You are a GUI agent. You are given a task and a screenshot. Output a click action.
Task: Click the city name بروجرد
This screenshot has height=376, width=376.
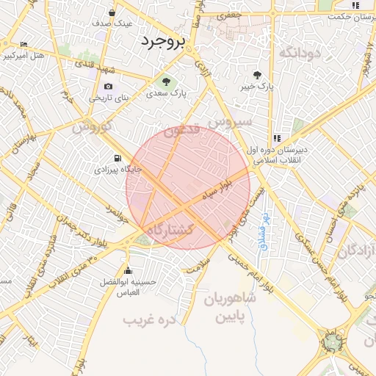[164, 40]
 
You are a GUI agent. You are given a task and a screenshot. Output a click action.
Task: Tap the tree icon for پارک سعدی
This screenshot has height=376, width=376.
[167, 82]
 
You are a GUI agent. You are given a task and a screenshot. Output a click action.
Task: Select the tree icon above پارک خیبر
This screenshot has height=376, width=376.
[257, 75]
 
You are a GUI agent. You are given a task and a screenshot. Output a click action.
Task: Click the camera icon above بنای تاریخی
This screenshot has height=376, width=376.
[109, 87]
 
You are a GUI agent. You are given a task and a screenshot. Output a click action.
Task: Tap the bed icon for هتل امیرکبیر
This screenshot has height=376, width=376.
[24, 45]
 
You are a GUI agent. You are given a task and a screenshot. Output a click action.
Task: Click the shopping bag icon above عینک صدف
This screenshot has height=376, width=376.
[112, 12]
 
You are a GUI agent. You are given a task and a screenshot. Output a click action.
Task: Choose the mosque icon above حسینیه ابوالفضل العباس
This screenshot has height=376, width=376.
[129, 270]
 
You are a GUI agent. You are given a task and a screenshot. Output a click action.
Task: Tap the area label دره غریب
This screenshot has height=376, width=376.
[151, 320]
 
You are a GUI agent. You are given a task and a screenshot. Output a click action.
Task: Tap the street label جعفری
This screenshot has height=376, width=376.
[214, 14]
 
